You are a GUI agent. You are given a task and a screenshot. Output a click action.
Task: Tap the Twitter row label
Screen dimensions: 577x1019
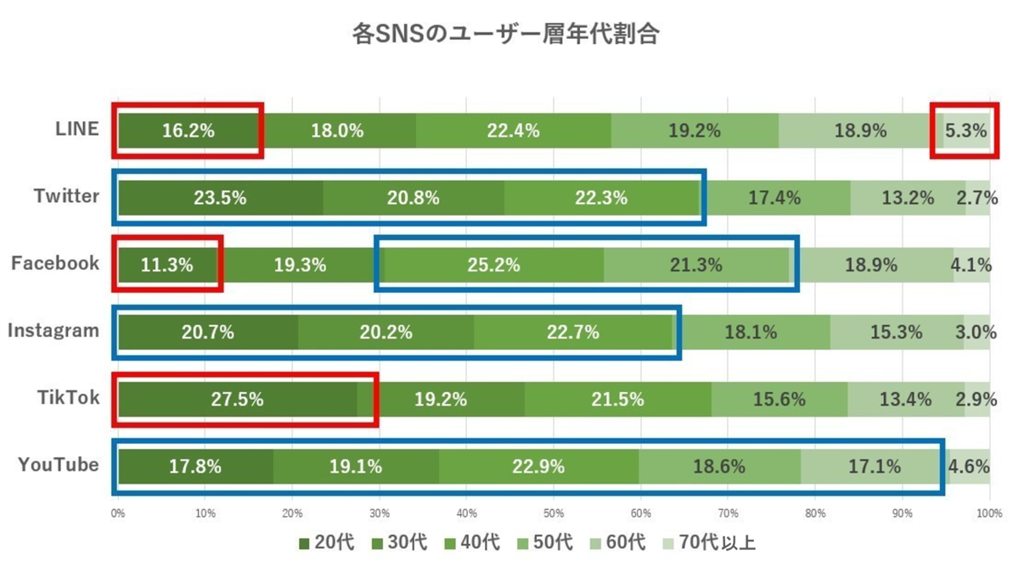[x=66, y=196]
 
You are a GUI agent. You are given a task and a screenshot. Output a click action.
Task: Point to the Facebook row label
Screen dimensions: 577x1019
[x=55, y=263]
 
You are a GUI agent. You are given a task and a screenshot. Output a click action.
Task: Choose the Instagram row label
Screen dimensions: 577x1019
[x=53, y=330]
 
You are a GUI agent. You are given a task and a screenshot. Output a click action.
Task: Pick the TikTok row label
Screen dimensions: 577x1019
[x=69, y=397]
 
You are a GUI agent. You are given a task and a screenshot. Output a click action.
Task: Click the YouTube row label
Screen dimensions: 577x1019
[x=59, y=465]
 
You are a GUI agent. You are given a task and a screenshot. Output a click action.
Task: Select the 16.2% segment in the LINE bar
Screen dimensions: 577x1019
[x=188, y=131]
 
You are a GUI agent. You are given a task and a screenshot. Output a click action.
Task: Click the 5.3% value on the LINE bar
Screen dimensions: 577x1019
[x=966, y=131]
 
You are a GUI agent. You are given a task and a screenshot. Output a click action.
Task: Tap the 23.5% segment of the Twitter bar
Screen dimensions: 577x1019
[x=220, y=198]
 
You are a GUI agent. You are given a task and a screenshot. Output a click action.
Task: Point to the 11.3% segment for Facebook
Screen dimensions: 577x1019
[x=166, y=265]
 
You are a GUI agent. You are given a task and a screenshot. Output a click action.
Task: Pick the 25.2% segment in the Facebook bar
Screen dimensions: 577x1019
[x=493, y=265]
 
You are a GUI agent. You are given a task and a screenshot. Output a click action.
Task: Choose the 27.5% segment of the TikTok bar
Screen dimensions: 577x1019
[x=237, y=399]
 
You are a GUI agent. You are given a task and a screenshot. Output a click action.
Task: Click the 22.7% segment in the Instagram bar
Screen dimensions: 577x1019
[x=573, y=332]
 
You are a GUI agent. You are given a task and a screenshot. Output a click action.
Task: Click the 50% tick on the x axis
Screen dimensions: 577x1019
[x=554, y=513]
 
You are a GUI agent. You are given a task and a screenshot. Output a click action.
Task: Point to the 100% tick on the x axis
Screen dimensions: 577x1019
[x=988, y=513]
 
